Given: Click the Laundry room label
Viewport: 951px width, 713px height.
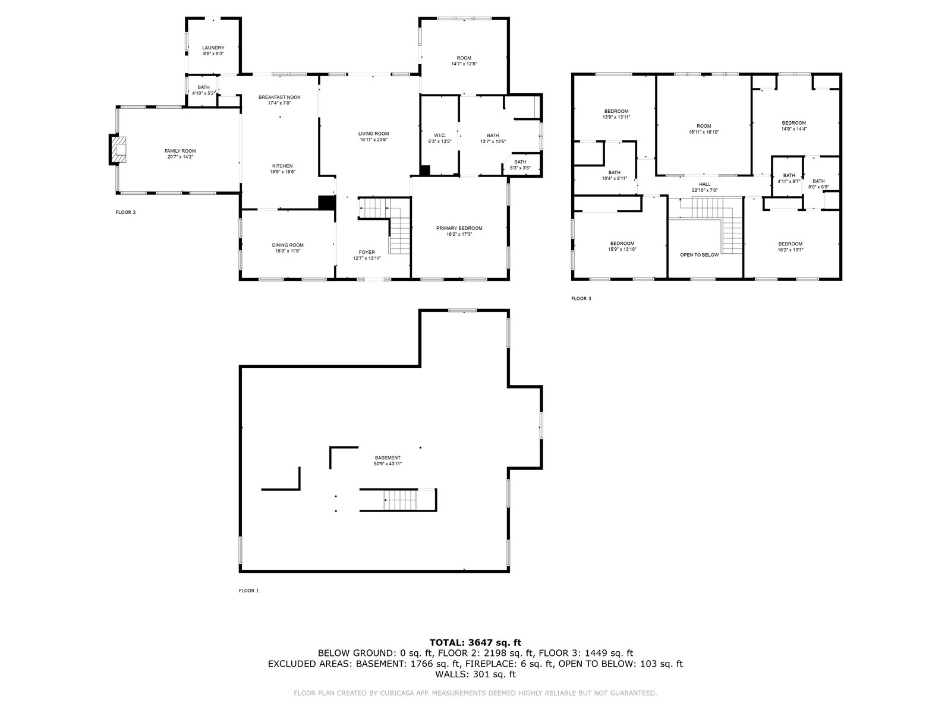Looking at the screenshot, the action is pyautogui.click(x=213, y=48).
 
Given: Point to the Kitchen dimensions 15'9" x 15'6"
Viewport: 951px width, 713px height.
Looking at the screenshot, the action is pyautogui.click(x=282, y=172).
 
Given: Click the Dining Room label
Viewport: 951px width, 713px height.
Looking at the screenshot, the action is pyautogui.click(x=288, y=245).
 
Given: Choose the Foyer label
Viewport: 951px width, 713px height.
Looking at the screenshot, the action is pyautogui.click(x=367, y=252).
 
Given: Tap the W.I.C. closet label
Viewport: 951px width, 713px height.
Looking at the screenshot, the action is pyautogui.click(x=440, y=135).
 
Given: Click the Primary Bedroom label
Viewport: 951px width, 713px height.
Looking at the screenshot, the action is pyautogui.click(x=459, y=228).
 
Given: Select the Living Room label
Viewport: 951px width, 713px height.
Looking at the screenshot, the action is pyautogui.click(x=373, y=134).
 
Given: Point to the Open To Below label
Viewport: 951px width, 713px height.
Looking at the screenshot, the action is pyautogui.click(x=699, y=255).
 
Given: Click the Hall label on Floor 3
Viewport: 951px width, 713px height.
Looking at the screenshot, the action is pyautogui.click(x=704, y=184).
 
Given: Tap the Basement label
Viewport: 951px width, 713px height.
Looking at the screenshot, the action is pyautogui.click(x=388, y=458).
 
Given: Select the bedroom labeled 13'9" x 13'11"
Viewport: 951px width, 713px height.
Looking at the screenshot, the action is pyautogui.click(x=616, y=111).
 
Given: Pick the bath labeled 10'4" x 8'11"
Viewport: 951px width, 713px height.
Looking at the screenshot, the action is pyautogui.click(x=614, y=172).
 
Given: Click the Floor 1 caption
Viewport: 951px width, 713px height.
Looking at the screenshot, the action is pyautogui.click(x=248, y=591).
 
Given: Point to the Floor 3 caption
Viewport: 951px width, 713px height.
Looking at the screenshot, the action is pyautogui.click(x=581, y=298).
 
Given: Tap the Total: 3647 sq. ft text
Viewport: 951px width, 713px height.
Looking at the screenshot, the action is pyautogui.click(x=475, y=642).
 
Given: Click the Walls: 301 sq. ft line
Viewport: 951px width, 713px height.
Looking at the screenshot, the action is pyautogui.click(x=475, y=674).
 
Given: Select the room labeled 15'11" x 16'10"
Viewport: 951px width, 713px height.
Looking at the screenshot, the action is pyautogui.click(x=704, y=126).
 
